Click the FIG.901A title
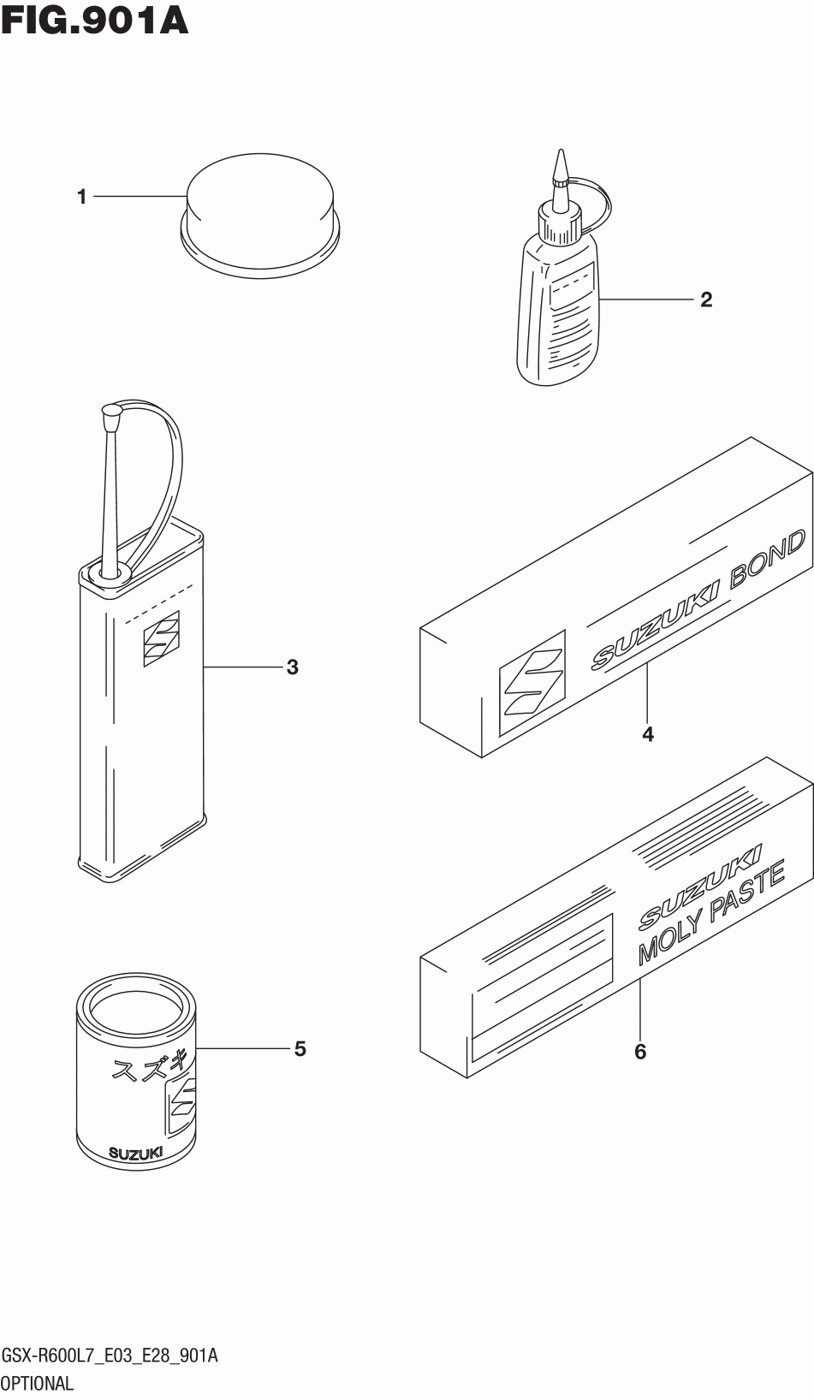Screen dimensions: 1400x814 point(95,21)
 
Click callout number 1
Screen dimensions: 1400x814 point(82,198)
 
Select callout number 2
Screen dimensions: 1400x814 point(705,300)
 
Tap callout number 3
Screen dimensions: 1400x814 point(292,667)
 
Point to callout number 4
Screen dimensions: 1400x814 point(648,734)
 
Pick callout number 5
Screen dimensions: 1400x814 point(300,1048)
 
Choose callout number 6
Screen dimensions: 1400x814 point(640,1051)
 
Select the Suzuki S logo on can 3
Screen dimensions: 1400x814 point(162,638)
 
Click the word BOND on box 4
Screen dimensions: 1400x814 point(767,562)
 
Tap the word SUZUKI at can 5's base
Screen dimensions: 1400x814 point(135,1153)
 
